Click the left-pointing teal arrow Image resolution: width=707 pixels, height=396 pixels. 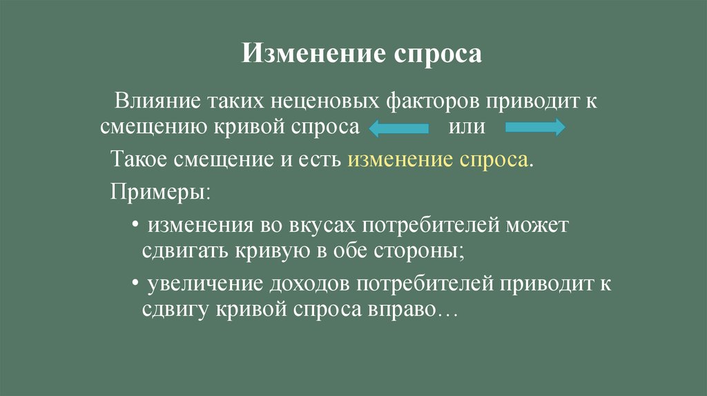point(398,128)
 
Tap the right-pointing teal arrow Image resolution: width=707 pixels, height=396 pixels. point(536,128)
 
